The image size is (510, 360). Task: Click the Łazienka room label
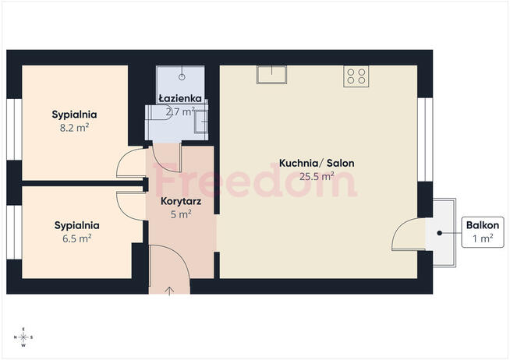click(180, 98)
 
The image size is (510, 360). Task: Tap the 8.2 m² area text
click(74, 128)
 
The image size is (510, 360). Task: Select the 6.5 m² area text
click(76, 238)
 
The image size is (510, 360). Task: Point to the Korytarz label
click(181, 202)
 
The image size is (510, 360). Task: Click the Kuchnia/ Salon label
click(317, 163)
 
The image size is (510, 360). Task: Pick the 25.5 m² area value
click(317, 176)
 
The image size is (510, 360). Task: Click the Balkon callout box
click(483, 232)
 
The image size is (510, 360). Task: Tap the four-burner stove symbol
click(356, 76)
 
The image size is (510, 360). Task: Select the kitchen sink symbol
click(271, 75)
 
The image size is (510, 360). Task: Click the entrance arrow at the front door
click(169, 291)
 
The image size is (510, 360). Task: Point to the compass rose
click(23, 337)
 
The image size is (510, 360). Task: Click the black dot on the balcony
click(439, 233)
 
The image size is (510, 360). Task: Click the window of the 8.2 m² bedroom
click(14, 129)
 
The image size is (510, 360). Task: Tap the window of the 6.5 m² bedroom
click(14, 232)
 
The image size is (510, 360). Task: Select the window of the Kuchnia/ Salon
click(425, 139)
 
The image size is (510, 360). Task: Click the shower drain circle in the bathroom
click(182, 77)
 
